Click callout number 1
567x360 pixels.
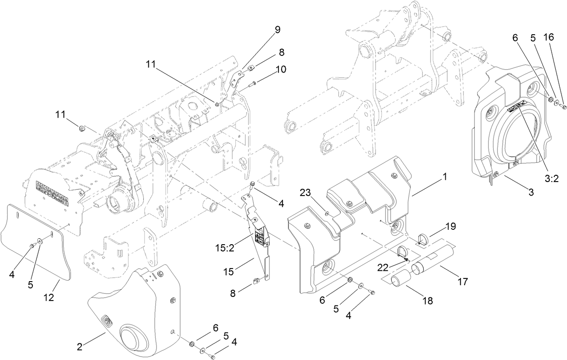pos(444,177)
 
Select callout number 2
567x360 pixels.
pos(79,346)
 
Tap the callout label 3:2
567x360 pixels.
pos(551,178)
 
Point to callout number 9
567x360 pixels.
pos(277,30)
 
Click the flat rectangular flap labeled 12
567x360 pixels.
pos(36,243)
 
